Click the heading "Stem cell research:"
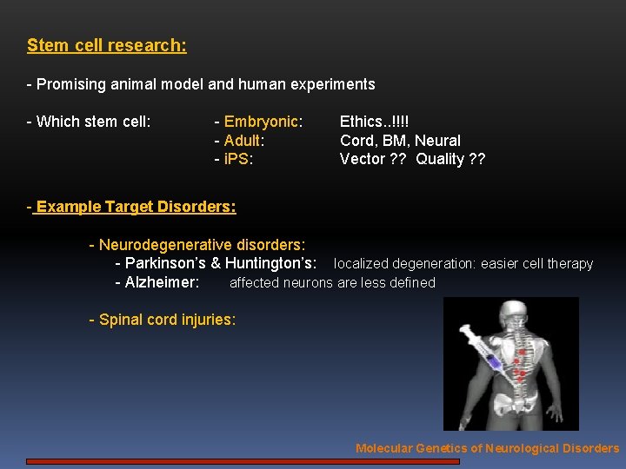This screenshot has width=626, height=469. (x=106, y=45)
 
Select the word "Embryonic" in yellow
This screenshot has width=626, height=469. (x=261, y=122)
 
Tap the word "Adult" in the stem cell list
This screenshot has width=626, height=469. (x=243, y=141)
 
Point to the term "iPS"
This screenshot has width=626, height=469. (x=236, y=159)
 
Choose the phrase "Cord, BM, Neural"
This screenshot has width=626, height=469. (x=400, y=141)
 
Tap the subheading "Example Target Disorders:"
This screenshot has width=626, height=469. (x=135, y=207)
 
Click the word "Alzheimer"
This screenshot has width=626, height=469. (x=161, y=282)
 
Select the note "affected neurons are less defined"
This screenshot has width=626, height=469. (x=332, y=282)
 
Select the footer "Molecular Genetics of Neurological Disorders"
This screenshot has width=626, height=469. (x=487, y=448)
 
